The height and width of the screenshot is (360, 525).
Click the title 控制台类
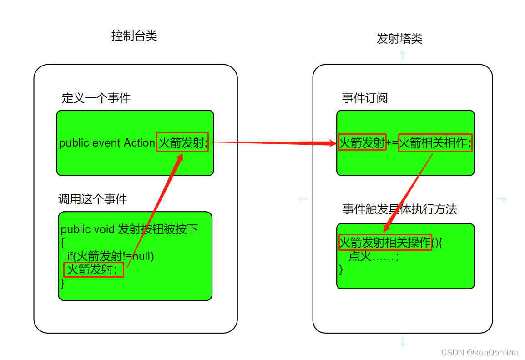(x=134, y=36)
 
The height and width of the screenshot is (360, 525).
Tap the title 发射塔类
(x=399, y=39)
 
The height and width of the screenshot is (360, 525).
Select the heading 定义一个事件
(x=96, y=98)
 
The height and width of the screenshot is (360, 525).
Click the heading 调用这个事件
(x=92, y=199)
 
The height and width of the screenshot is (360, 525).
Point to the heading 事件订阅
(x=364, y=98)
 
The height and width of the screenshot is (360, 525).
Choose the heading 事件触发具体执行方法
(x=399, y=209)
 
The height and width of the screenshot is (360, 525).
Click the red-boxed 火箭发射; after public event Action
(x=182, y=142)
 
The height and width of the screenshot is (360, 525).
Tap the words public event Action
(x=107, y=143)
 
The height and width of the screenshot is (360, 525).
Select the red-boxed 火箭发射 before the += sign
(x=362, y=143)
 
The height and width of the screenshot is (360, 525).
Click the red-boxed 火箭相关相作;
(x=435, y=143)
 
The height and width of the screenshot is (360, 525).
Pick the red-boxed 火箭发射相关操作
(x=385, y=243)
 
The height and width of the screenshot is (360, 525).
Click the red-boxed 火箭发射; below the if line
(x=93, y=269)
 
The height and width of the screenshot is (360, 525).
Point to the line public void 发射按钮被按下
(x=129, y=229)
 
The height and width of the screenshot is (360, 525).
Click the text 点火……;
(x=374, y=256)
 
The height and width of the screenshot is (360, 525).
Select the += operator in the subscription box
(x=392, y=143)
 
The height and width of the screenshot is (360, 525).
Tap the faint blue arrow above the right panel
(x=402, y=55)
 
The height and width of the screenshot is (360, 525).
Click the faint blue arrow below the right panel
(x=402, y=342)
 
